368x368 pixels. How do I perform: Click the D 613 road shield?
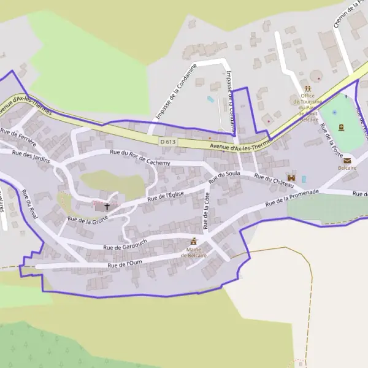[x=167, y=142]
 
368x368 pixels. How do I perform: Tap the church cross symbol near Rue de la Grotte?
[x=107, y=207]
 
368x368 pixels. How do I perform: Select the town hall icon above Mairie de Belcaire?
[x=194, y=241]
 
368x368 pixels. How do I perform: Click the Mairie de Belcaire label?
[x=193, y=252]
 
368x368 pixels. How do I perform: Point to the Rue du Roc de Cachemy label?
[x=139, y=158]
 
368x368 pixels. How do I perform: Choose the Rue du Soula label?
[x=224, y=177]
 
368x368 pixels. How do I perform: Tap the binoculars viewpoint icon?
[x=291, y=177]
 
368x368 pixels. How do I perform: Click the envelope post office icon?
[x=347, y=161]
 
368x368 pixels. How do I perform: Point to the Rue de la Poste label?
[x=332, y=140]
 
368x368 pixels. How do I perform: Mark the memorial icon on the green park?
[x=341, y=128]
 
